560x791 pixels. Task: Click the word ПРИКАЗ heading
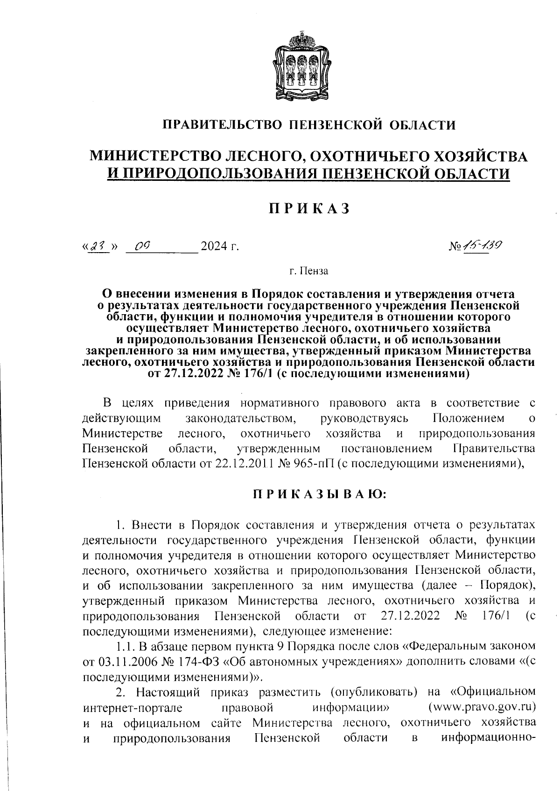click(x=309, y=208)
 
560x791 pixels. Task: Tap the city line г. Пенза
click(x=308, y=270)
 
